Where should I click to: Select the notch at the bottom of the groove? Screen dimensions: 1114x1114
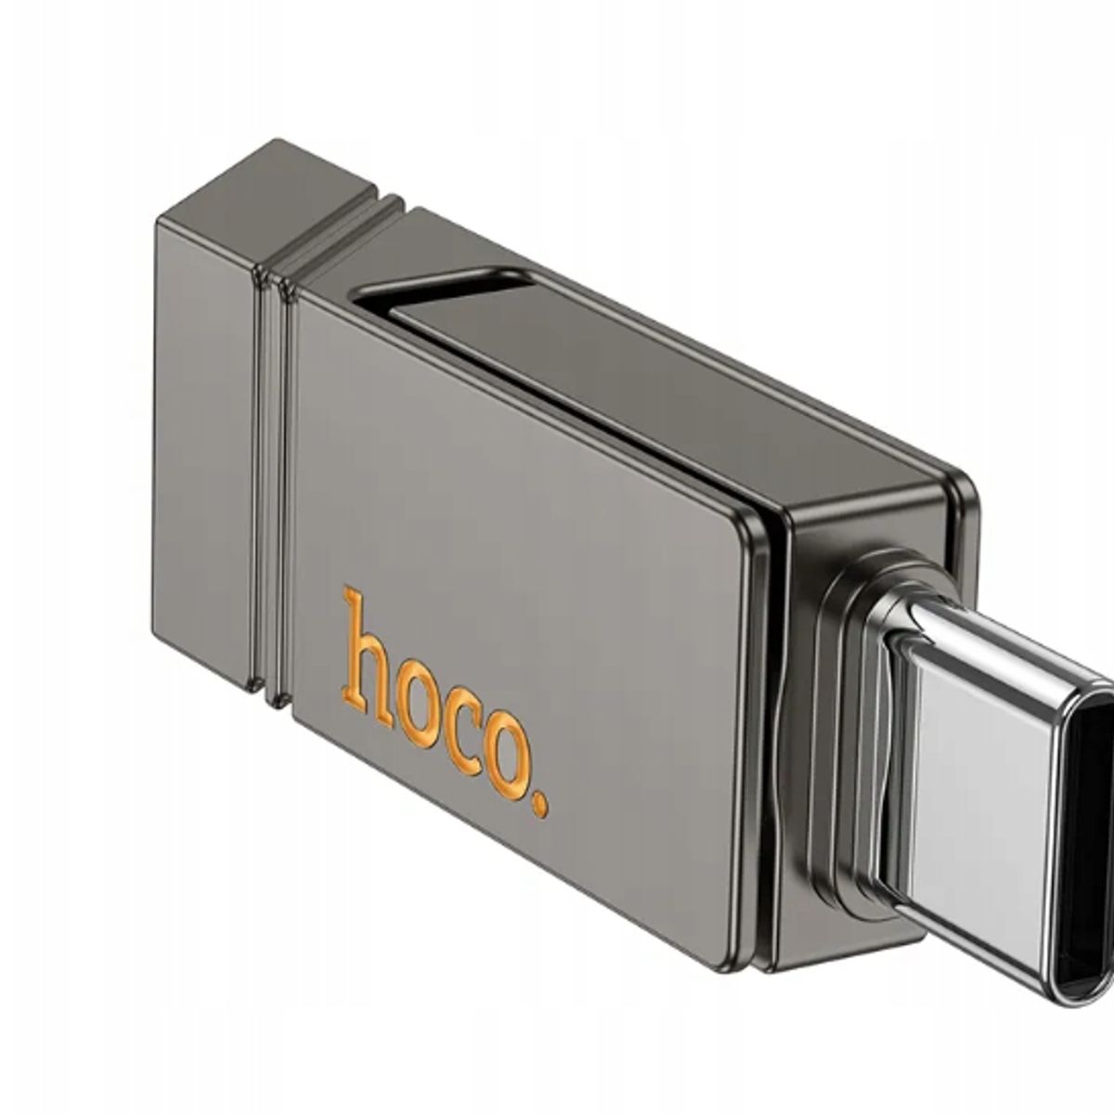tap(272, 693)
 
